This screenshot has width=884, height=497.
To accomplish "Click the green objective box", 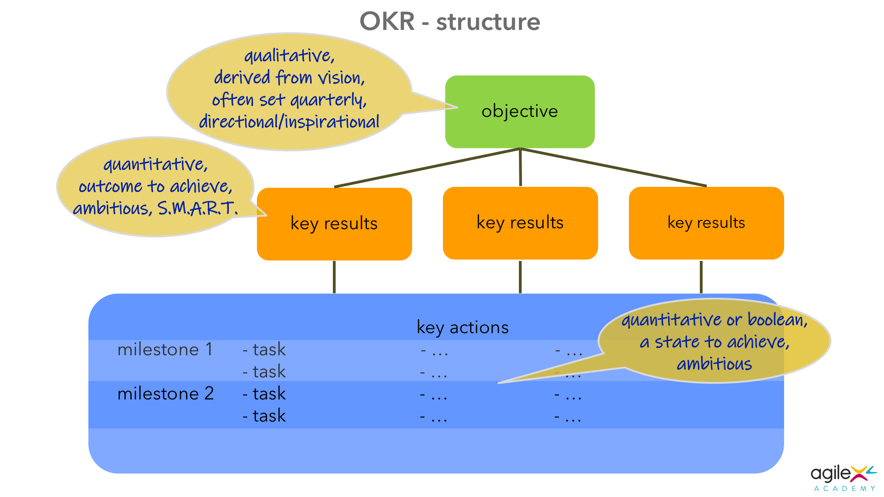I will click(520, 111).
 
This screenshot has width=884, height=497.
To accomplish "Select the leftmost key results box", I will click(334, 224).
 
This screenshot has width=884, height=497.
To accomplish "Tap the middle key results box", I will click(520, 223).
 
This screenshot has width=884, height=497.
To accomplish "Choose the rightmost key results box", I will click(706, 223).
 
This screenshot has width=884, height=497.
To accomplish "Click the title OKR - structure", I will click(449, 22).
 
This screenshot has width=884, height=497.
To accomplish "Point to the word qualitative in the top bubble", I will click(289, 56).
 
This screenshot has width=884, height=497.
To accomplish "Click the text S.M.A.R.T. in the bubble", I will click(198, 208).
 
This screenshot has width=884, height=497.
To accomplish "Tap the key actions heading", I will click(462, 328).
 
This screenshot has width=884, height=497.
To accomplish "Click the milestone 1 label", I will click(165, 350).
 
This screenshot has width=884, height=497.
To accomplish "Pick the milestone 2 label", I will click(165, 394).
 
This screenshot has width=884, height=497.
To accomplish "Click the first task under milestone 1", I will click(264, 350).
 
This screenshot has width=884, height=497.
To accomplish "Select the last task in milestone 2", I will click(264, 416).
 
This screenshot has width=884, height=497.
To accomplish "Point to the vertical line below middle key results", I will click(520, 277).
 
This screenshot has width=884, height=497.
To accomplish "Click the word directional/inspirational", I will click(289, 122).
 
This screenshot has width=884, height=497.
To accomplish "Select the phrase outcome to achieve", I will click(155, 186).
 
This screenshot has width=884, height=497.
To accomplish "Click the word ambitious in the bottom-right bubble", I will click(714, 364).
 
